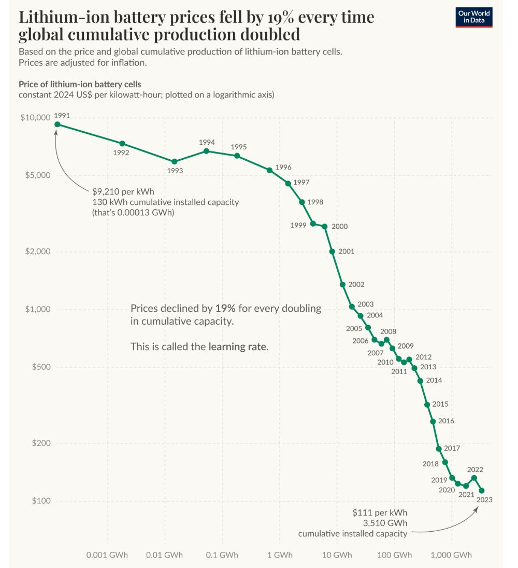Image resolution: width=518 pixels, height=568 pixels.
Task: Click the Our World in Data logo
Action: [x=473, y=17]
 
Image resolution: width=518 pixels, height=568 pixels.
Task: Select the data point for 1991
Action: [x=57, y=124]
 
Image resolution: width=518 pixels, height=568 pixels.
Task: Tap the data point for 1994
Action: [x=206, y=151]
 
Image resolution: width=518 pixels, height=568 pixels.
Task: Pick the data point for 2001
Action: [x=332, y=251]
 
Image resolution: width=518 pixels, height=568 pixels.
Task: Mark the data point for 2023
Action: [x=482, y=490]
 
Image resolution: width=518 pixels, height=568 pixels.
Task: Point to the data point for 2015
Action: [x=427, y=405]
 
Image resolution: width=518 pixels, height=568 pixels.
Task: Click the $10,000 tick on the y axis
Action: [x=35, y=118]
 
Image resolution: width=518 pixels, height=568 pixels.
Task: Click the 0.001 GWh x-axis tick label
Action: [x=106, y=555]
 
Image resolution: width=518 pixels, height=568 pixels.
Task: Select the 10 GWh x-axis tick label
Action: [x=337, y=555]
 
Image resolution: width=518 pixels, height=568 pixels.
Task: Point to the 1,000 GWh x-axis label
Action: [x=451, y=555]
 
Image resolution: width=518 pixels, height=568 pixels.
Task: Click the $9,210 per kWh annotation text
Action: [x=123, y=191]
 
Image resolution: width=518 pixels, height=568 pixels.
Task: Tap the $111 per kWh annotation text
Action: [x=380, y=512]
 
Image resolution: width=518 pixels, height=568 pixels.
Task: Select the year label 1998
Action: [x=315, y=202]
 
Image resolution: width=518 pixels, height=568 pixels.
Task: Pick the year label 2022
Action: [x=475, y=469]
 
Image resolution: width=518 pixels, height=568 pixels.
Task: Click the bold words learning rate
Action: [x=238, y=347]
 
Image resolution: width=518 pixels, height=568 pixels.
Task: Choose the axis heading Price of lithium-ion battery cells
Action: [x=80, y=84]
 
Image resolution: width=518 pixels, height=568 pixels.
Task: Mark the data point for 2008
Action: [x=386, y=340]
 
